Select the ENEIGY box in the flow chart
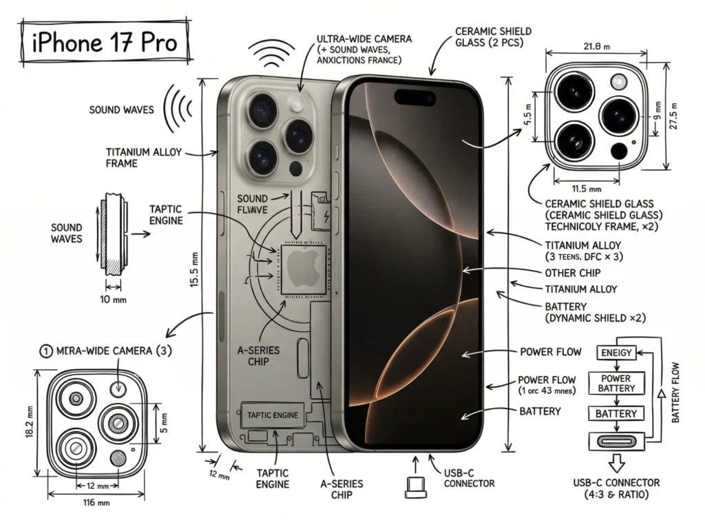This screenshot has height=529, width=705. (x=615, y=353)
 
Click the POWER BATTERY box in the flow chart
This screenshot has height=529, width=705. (x=615, y=383)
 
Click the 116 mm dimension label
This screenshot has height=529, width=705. (x=96, y=503)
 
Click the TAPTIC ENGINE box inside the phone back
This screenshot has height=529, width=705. (x=273, y=415)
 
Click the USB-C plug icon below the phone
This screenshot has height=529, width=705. (x=415, y=486)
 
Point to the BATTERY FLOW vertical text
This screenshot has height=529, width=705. (x=675, y=393)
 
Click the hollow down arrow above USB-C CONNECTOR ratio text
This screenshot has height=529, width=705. (x=615, y=461)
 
